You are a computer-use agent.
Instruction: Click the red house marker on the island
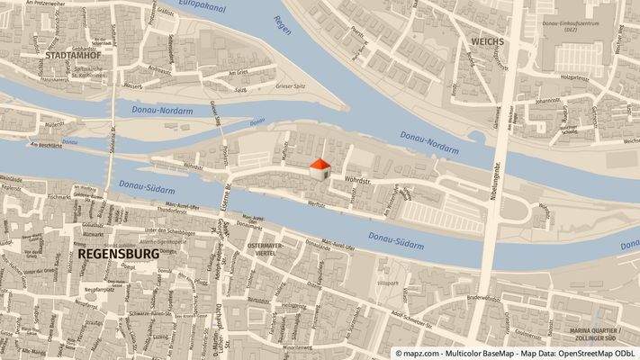pos(320,167)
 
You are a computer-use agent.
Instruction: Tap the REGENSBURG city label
pos(119,254)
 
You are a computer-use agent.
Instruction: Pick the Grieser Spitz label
pos(293,87)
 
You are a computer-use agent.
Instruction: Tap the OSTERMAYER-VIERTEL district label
pos(266,249)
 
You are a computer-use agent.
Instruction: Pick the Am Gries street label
pos(236,75)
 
